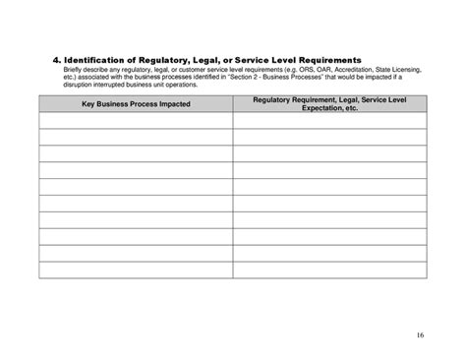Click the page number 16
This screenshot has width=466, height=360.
coord(420,335)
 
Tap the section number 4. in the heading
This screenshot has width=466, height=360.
coord(44,61)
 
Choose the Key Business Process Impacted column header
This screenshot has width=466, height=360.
coord(136,103)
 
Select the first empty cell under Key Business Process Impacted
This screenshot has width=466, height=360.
coord(136,120)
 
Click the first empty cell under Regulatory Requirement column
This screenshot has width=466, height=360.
coord(329,120)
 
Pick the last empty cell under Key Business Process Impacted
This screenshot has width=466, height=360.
coord(136,270)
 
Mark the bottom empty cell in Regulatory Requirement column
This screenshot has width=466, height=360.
coord(329,270)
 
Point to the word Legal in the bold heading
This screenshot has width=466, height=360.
coord(208,61)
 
